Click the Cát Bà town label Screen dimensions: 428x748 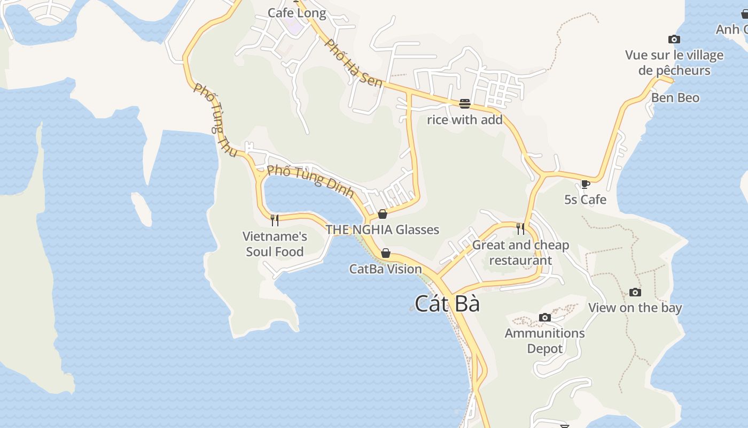447,304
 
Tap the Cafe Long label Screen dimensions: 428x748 297,13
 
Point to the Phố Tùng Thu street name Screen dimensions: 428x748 215,121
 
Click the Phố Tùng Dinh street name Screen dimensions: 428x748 310,181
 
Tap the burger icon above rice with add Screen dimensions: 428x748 465,104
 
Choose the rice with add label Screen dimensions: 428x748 465,120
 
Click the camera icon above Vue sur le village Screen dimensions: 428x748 674,39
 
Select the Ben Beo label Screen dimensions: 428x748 675,98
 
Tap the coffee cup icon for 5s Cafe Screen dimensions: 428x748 586,185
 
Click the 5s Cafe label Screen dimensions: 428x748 586,200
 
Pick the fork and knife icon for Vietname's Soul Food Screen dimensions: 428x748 275,220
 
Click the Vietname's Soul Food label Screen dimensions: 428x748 275,244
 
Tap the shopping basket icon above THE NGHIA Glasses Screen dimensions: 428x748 383,215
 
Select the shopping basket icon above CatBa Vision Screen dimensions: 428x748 386,253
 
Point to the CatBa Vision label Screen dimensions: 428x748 386,269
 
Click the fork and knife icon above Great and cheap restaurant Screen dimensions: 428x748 520,229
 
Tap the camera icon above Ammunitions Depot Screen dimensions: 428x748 545,318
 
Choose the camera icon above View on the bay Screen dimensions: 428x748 635,292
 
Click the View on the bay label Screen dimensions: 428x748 635,308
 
